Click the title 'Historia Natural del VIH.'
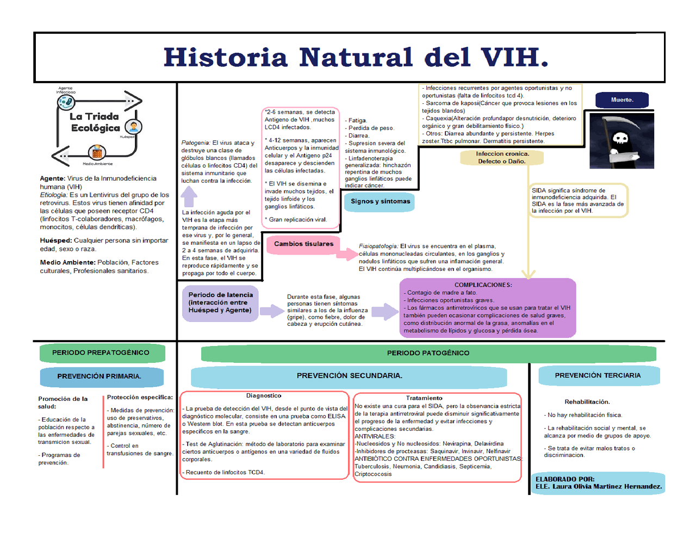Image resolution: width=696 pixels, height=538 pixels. [356, 58]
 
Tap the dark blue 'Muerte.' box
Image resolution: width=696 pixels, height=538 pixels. [622, 100]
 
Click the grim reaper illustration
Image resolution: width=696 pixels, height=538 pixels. [622, 141]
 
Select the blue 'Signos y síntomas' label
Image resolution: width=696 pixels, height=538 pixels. [380, 202]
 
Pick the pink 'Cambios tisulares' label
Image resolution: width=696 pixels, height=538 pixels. [303, 244]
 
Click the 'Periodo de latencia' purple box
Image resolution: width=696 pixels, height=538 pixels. [220, 303]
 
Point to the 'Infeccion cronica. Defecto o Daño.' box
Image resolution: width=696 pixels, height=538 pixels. [502, 158]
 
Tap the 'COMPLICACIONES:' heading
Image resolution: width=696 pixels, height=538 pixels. [483, 285]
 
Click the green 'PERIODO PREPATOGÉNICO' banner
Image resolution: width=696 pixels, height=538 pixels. [101, 353]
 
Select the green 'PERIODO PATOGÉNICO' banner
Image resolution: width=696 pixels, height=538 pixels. [428, 354]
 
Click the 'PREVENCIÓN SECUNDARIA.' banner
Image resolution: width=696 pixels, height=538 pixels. [349, 376]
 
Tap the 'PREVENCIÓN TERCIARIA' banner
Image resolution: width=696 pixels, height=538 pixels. [598, 376]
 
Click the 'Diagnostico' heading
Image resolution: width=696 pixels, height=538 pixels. [264, 396]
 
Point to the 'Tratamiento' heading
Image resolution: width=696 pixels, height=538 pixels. [424, 398]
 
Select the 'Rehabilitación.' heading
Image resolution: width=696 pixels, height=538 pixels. [587, 402]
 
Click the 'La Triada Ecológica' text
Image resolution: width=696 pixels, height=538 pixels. [95, 122]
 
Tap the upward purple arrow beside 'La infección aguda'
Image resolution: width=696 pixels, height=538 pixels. [189, 195]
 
